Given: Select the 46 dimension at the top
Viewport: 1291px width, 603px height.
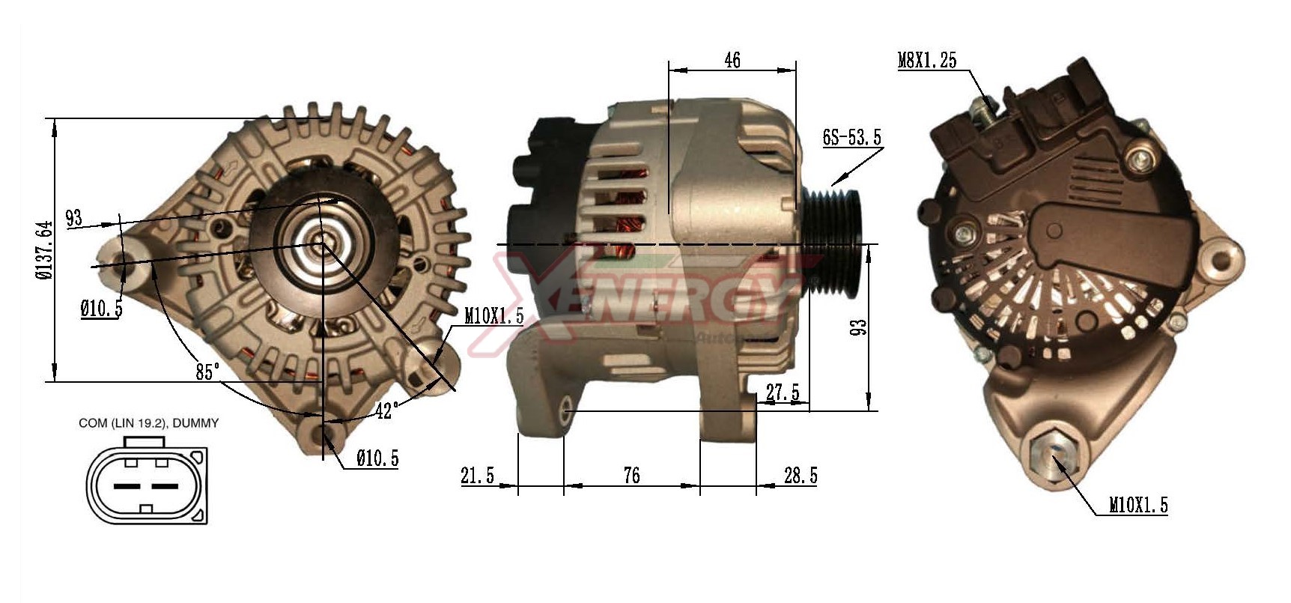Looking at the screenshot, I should point(732,60).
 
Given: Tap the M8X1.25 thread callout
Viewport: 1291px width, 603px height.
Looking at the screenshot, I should point(927,61).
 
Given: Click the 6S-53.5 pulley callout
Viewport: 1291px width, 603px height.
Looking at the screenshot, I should point(851,137).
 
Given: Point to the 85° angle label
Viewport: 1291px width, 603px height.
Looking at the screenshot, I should point(207,371).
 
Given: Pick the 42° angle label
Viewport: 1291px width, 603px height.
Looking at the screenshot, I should point(386,410).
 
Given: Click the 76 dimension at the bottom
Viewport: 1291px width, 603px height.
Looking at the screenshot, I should point(631,475).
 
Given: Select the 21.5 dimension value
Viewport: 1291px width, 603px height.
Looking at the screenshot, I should point(478,475).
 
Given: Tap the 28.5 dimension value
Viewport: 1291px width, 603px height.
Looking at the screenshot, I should point(801,475).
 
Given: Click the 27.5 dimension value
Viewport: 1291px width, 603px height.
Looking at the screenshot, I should point(783,392).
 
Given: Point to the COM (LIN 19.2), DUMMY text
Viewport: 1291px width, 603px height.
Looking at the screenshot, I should point(149,423).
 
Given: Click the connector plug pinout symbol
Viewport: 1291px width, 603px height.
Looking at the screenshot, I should point(147,485).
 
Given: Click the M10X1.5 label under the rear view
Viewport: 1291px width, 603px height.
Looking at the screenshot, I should point(1137,506).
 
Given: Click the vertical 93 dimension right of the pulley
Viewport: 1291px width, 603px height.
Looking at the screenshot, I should point(858,327).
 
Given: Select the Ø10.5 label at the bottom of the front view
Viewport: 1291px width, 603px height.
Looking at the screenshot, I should point(377,458).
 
